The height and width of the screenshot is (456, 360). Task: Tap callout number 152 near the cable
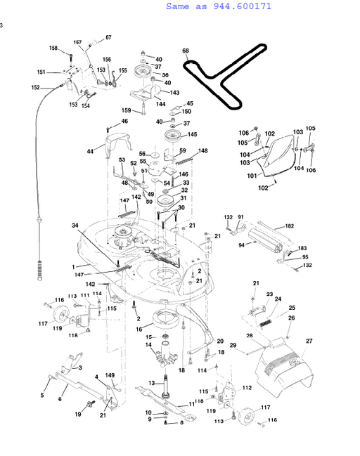(x=35, y=88)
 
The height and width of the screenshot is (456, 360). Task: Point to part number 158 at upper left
(x=53, y=48)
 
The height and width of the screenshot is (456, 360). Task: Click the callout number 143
(x=175, y=93)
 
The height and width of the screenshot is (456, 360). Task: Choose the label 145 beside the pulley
(x=192, y=135)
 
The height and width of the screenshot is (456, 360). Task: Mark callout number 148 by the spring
(x=203, y=151)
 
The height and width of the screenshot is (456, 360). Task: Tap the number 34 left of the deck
(x=75, y=225)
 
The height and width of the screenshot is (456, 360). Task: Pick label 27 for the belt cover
(x=308, y=341)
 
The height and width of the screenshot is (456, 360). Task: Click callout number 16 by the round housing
(x=139, y=328)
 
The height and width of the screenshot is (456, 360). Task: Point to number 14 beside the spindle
(x=148, y=345)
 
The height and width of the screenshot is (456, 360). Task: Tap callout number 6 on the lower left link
(x=59, y=399)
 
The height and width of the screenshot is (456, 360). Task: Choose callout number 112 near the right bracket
(x=247, y=388)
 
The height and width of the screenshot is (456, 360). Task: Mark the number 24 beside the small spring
(x=278, y=299)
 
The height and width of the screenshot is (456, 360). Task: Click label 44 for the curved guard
(x=90, y=151)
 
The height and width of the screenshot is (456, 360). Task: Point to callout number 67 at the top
(x=108, y=37)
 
